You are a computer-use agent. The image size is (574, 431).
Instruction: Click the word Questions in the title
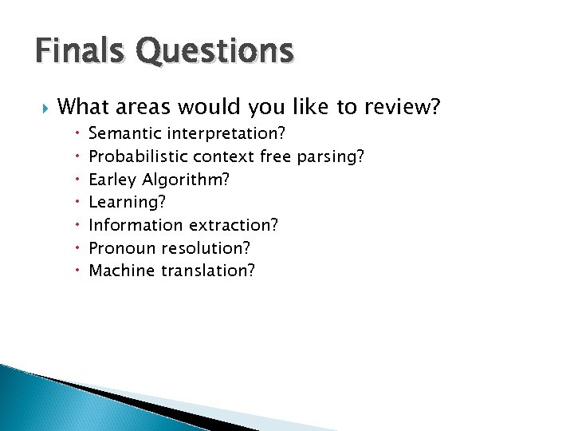214,53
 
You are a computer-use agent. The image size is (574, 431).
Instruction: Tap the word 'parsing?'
331,156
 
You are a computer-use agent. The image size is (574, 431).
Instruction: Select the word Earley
112,180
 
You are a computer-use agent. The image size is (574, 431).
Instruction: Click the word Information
132,225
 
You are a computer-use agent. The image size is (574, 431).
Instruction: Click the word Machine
122,271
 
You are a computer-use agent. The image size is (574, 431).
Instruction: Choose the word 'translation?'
208,271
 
